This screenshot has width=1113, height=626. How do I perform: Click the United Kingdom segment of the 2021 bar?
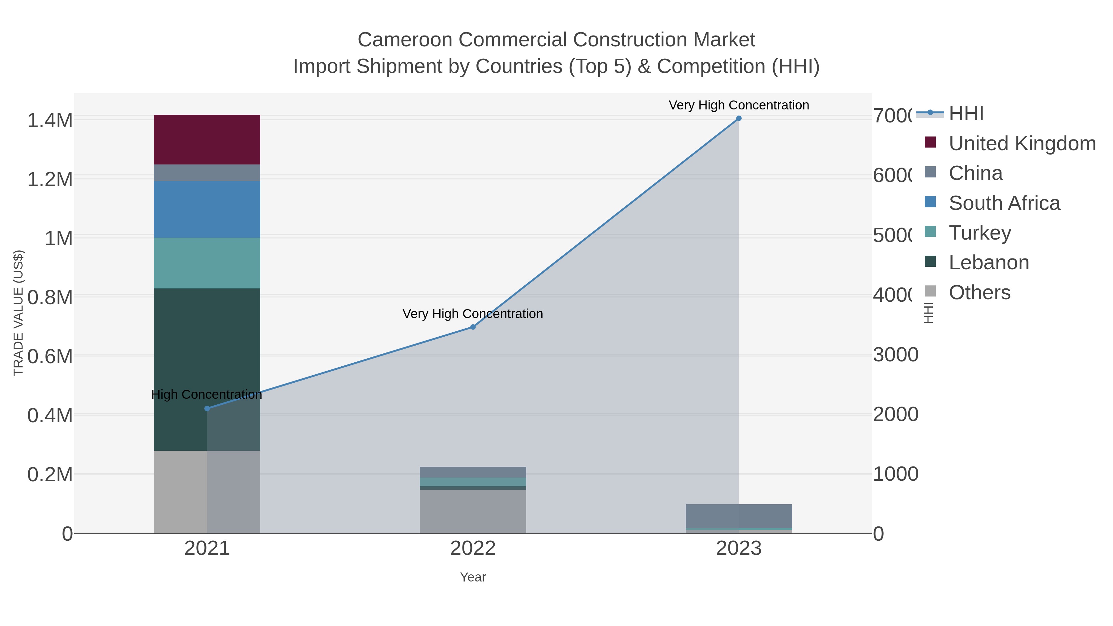click(207, 139)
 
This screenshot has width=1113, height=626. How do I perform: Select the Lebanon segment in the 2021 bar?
click(207, 346)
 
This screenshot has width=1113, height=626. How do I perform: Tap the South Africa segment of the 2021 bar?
click(207, 210)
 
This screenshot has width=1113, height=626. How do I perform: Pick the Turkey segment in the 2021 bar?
click(207, 263)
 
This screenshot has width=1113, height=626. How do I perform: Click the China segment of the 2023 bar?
click(738, 516)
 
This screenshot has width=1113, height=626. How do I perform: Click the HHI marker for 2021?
click(207, 408)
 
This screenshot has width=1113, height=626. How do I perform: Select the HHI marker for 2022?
click(473, 327)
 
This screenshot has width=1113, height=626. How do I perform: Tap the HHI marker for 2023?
click(738, 118)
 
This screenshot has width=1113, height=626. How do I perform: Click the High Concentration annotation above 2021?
click(207, 394)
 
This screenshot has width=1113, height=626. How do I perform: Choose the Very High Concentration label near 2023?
click(738, 105)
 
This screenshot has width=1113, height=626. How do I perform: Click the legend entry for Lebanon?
click(989, 263)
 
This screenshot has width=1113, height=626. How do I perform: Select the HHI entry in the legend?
click(966, 114)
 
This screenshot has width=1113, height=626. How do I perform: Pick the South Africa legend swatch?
click(930, 202)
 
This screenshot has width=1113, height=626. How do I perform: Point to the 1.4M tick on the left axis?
click(50, 120)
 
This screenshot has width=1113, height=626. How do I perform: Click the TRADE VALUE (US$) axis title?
click(18, 313)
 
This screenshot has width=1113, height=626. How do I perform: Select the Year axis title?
click(473, 577)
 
